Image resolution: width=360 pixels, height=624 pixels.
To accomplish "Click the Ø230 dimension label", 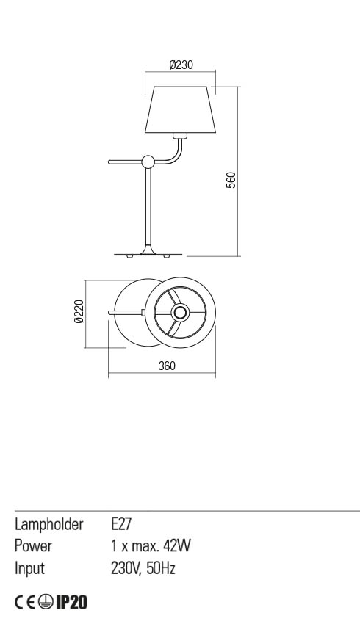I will pos(181,65).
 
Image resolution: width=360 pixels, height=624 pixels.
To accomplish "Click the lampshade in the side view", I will pos(181,110).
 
